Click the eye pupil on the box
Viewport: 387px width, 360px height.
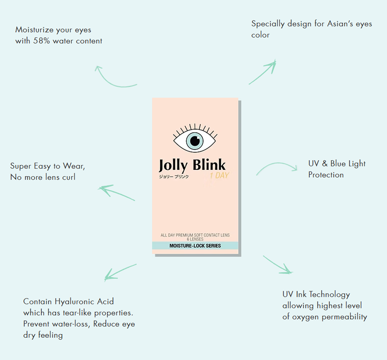point(195,140)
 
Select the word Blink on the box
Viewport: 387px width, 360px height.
point(209,165)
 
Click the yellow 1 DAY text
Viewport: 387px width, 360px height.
point(219,176)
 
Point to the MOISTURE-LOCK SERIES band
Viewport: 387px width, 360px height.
point(195,246)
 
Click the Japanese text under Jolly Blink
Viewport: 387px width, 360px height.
point(173,176)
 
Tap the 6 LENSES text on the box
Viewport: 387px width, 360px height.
point(195,240)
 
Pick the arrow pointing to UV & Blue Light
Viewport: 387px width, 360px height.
point(277,166)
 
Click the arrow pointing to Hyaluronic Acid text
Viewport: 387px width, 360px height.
point(120,272)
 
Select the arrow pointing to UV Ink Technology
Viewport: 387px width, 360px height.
point(278,264)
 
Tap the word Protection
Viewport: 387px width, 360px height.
point(326,175)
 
